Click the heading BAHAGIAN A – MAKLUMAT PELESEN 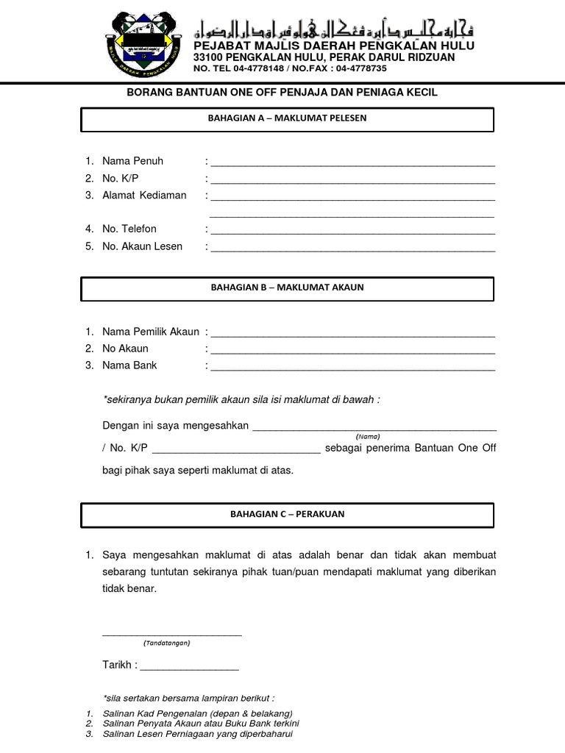tap(287, 118)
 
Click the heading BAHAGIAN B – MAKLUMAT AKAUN tap(287, 288)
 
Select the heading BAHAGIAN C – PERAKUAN tap(287, 515)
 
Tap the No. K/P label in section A tap(121, 178)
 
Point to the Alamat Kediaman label tap(144, 196)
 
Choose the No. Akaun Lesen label tap(142, 246)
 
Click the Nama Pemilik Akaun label tap(151, 332)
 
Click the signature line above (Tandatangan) tap(172, 634)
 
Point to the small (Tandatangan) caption tap(167, 643)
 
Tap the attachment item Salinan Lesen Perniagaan tap(198, 734)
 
